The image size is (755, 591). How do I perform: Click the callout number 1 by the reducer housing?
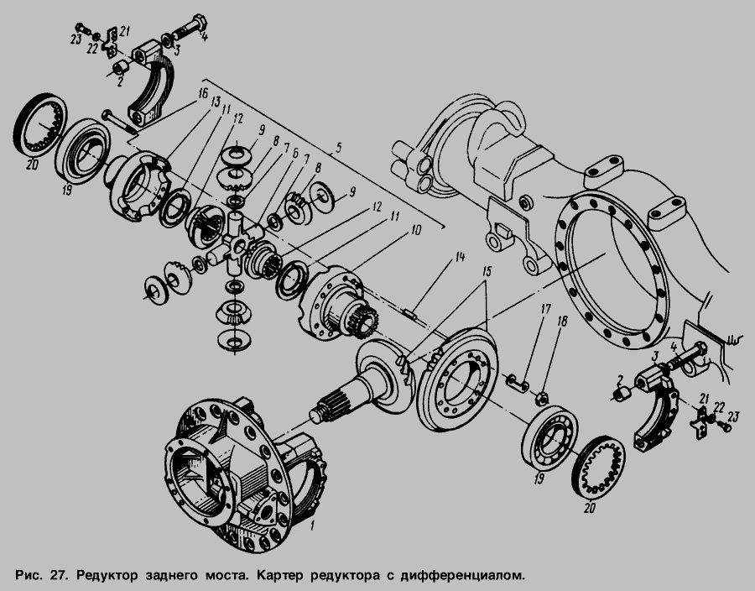(x=311, y=525)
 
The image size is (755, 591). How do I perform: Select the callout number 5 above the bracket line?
(x=339, y=147)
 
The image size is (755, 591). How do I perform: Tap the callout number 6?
(x=295, y=153)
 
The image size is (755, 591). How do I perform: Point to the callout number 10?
(x=416, y=230)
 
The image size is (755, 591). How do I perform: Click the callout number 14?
(x=460, y=257)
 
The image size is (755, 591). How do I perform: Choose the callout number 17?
(x=545, y=308)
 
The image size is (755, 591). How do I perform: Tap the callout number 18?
(x=562, y=322)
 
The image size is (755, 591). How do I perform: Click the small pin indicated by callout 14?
(x=409, y=314)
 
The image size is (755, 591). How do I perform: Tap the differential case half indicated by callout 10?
(x=336, y=303)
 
